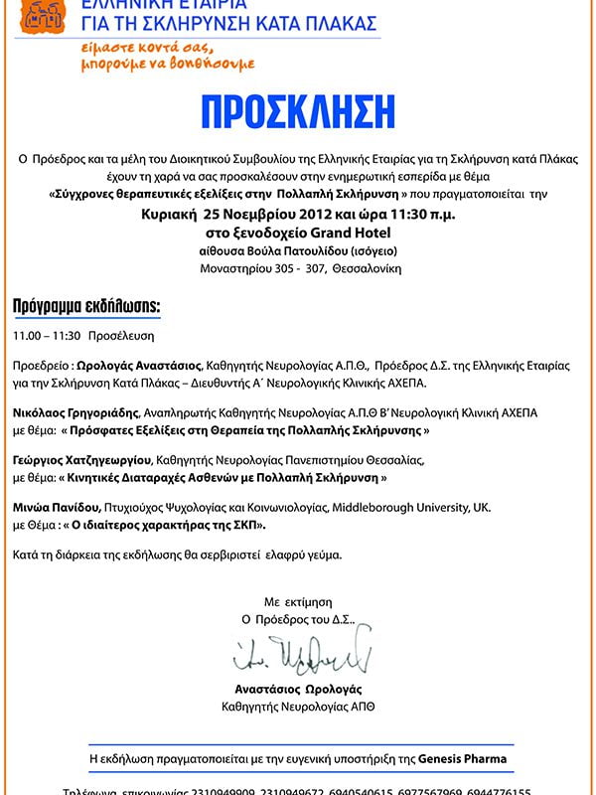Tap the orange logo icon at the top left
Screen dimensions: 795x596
[x=39, y=13]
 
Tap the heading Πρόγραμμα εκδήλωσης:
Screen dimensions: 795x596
[x=85, y=304]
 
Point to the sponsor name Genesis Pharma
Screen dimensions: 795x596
[x=461, y=758]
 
